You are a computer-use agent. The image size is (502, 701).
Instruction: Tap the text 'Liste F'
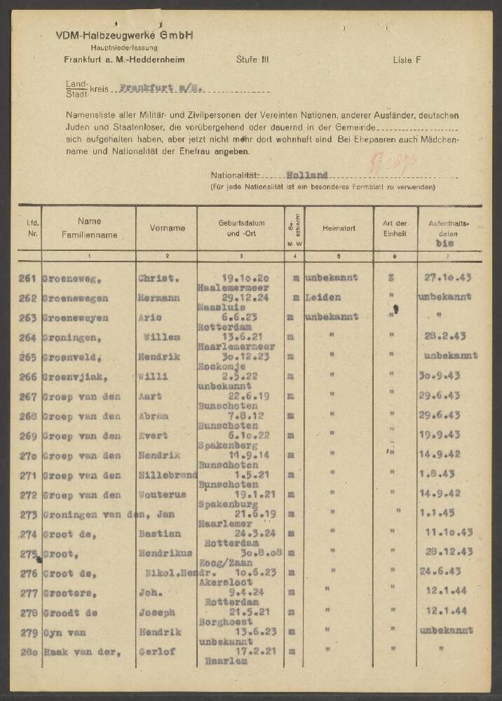click(x=407, y=60)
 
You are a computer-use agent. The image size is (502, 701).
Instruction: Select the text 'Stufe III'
click(x=251, y=60)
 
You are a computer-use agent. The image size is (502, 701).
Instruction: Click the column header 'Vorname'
click(x=168, y=228)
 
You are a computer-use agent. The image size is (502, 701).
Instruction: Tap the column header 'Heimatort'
click(x=339, y=228)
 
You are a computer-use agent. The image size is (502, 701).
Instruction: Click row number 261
click(x=27, y=278)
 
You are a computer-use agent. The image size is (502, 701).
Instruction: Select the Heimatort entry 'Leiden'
click(x=323, y=297)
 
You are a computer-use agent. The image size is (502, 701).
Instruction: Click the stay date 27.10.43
click(x=449, y=278)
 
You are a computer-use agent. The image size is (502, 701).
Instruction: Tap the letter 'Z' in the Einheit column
click(x=391, y=278)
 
